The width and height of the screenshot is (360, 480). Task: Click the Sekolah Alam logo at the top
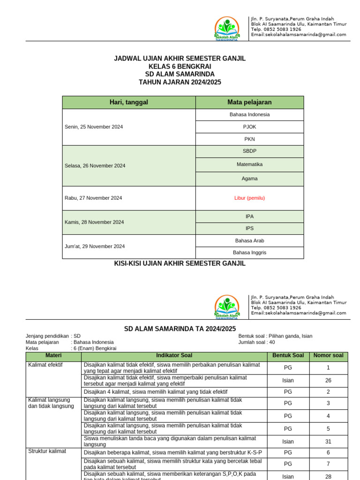coord(227,29)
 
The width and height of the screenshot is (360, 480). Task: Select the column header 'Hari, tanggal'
coord(129,102)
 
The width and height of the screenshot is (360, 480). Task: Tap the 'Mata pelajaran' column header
coord(249,102)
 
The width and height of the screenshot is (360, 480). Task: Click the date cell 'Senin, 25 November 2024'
coord(94,127)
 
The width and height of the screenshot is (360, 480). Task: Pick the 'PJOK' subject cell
coord(249,127)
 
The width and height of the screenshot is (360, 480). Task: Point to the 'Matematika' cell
coord(249,165)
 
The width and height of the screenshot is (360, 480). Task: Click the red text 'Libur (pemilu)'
coord(249,198)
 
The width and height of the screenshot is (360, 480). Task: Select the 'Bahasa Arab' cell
coord(249,240)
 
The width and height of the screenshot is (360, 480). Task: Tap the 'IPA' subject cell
coord(249,216)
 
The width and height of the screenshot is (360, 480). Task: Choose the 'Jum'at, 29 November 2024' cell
coord(95,246)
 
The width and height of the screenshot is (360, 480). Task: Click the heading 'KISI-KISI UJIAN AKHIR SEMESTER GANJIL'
coord(180,263)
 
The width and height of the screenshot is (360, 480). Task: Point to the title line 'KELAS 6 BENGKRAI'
coord(180,66)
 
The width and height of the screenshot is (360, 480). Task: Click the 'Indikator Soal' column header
coord(173,356)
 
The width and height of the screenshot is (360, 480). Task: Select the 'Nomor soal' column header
coord(328,356)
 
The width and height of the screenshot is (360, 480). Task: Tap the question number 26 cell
coord(328,381)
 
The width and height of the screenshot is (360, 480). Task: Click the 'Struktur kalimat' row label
coord(47,451)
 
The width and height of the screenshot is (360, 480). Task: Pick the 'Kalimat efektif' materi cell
coord(45,365)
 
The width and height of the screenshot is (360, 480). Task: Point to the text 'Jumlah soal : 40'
coord(257,342)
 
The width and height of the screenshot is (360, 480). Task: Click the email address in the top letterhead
coord(299,35)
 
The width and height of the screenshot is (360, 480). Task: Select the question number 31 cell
coord(328,441)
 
